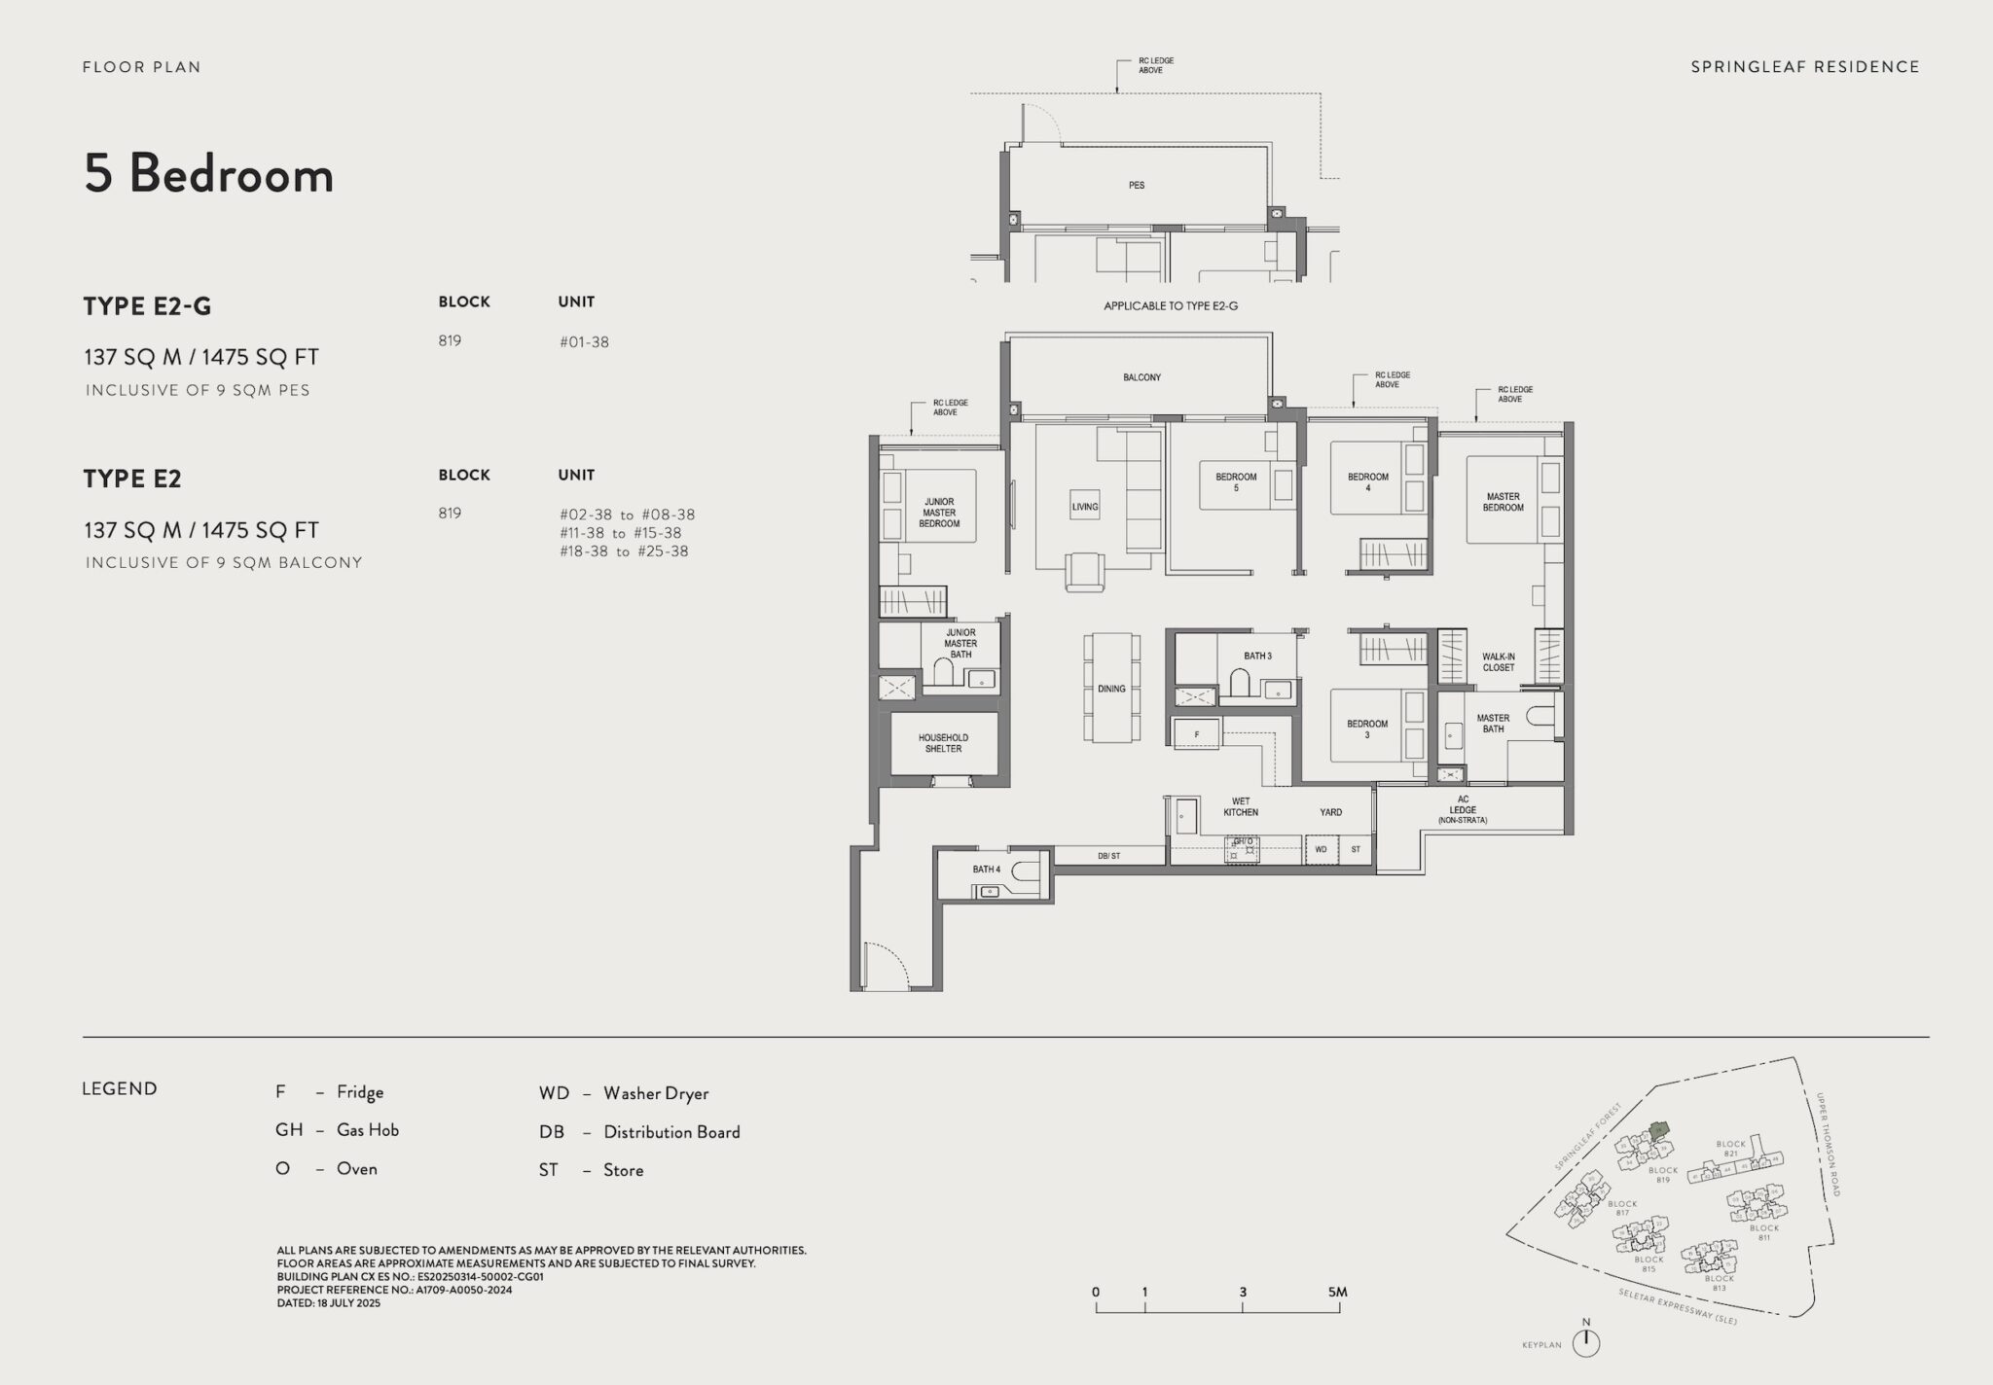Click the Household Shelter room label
click(x=943, y=743)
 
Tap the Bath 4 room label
click(x=986, y=870)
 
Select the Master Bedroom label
click(x=1503, y=502)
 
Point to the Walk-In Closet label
click(x=1498, y=662)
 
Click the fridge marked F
click(x=1196, y=734)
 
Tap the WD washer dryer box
click(x=1321, y=849)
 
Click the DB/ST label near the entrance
click(x=1108, y=856)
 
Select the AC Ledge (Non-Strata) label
click(x=1462, y=809)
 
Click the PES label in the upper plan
click(x=1137, y=185)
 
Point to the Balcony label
click(x=1141, y=377)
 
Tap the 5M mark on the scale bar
click(x=1337, y=1293)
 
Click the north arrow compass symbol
click(x=1586, y=1342)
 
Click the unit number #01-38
click(x=584, y=342)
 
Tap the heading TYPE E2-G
click(x=147, y=306)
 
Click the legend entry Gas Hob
click(x=367, y=1130)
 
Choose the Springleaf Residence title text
click(x=1804, y=67)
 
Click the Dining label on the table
click(x=1111, y=689)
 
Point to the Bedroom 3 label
click(x=1366, y=729)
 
